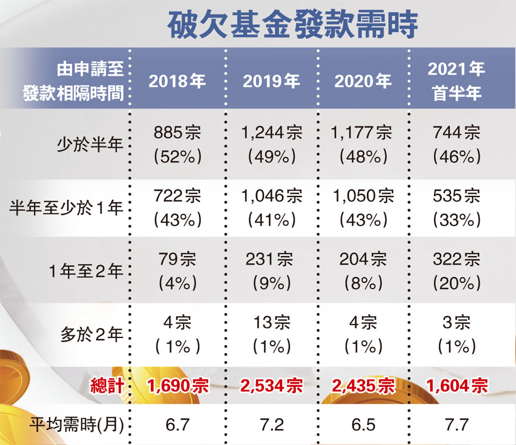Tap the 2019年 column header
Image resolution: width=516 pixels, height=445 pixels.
click(271, 81)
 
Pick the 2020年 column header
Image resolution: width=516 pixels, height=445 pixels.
click(363, 81)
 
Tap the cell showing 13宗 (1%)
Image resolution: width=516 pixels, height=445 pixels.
click(271, 335)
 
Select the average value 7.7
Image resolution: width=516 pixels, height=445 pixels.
click(456, 425)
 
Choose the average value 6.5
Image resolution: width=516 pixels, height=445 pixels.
click(363, 425)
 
